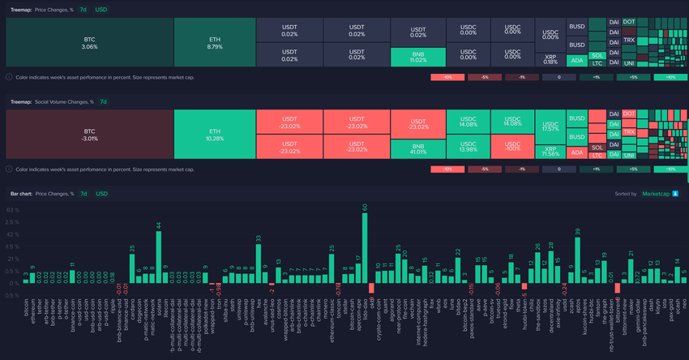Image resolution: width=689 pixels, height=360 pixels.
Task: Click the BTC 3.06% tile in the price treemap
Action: click(89, 42)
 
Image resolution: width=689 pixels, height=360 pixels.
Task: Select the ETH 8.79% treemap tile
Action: click(215, 42)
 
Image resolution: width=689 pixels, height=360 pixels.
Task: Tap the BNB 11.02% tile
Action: click(417, 57)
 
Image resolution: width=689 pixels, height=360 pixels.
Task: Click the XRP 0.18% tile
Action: click(550, 59)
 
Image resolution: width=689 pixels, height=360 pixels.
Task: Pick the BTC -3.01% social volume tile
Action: click(89, 134)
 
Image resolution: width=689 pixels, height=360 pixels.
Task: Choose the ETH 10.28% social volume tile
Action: click(215, 134)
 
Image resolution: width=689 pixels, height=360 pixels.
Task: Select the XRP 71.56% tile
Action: click(550, 150)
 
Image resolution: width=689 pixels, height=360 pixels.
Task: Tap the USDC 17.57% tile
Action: click(550, 126)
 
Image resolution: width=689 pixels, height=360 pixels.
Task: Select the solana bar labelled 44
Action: click(159, 256)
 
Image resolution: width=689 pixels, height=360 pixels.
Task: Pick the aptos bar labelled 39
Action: click(578, 259)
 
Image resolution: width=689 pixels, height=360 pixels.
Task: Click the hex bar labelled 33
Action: click(259, 264)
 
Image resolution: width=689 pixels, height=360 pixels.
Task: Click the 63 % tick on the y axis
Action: click(12, 209)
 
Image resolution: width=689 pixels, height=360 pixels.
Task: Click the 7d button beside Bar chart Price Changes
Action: click(83, 195)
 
